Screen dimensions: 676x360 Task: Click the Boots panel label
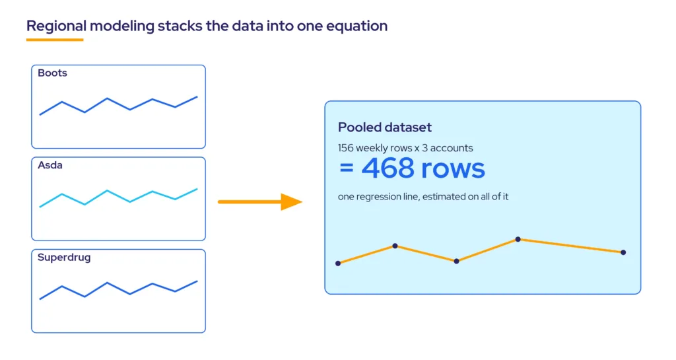point(52,73)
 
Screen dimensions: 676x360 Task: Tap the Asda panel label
point(50,165)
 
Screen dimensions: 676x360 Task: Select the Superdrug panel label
point(64,258)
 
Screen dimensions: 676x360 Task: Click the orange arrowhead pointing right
point(291,201)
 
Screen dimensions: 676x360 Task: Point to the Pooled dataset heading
point(385,127)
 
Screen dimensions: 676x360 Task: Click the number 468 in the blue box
point(388,168)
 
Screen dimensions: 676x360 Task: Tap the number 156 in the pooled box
point(346,148)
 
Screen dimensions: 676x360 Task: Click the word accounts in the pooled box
point(452,148)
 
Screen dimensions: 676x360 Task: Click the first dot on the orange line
point(338,263)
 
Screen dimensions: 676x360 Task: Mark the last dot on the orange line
point(623,252)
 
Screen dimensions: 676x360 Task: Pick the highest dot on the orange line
point(518,239)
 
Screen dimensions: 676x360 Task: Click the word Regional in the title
point(57,26)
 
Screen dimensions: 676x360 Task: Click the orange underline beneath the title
point(55,40)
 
